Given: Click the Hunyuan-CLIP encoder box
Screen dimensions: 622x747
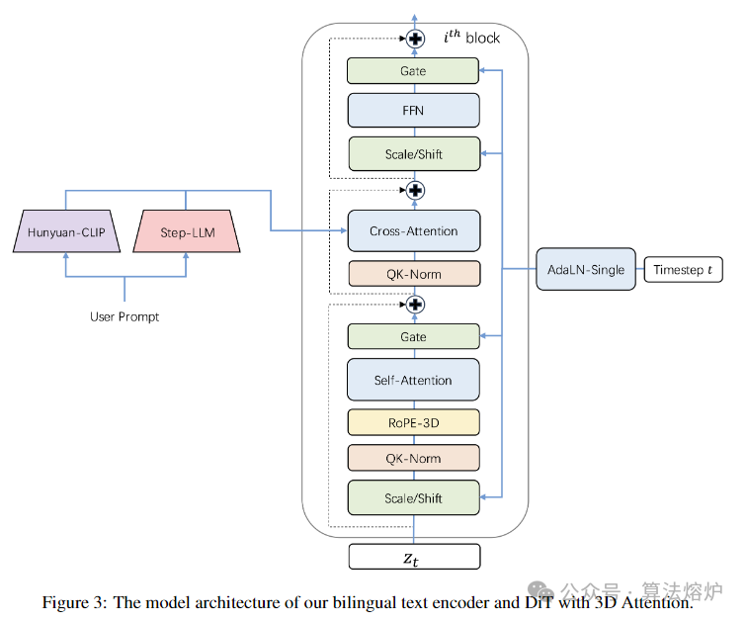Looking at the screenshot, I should [x=65, y=233].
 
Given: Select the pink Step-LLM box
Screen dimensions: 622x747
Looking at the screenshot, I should [x=187, y=233].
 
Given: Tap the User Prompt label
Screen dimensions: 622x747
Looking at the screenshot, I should [x=124, y=316].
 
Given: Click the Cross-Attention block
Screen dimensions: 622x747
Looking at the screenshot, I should [x=414, y=231].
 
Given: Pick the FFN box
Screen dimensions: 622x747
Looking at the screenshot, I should [x=414, y=110].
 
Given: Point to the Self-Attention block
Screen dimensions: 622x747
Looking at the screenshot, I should [x=414, y=380].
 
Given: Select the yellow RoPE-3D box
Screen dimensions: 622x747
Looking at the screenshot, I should [x=414, y=422].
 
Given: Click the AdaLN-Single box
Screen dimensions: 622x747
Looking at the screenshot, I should [x=587, y=269].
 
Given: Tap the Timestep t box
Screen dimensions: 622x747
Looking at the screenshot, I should [x=688, y=269].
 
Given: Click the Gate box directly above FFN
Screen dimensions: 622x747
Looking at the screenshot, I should [x=414, y=71].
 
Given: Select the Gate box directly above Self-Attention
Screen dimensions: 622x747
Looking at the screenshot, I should [x=414, y=336].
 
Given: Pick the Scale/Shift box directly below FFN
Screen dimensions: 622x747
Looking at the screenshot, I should [x=414, y=154].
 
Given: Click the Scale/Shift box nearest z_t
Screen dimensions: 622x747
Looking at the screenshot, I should [x=414, y=497].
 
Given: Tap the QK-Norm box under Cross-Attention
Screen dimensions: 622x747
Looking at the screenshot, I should [x=414, y=274].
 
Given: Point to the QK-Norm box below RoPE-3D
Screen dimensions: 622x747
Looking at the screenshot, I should [x=414, y=458].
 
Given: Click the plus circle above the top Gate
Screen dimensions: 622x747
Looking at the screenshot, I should [x=415, y=39].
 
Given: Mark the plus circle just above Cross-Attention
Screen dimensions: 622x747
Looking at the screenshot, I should [x=415, y=189].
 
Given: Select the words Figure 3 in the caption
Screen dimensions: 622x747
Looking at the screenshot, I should [x=74, y=602].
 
